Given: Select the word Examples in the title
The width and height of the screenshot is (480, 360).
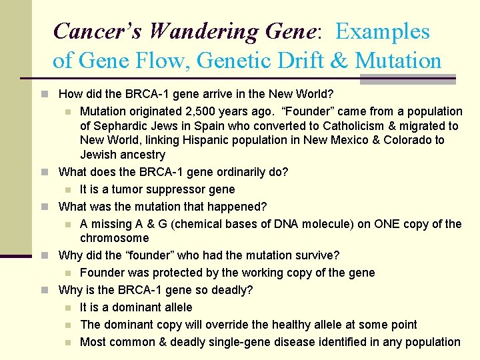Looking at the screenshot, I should click(383, 31).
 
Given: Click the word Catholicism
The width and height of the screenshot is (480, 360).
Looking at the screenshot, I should click(353, 126).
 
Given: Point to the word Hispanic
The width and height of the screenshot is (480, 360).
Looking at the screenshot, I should click(191, 140).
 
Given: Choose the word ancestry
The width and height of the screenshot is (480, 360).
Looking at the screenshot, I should click(141, 155).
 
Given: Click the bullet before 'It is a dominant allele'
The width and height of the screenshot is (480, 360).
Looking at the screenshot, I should click(71, 307).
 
